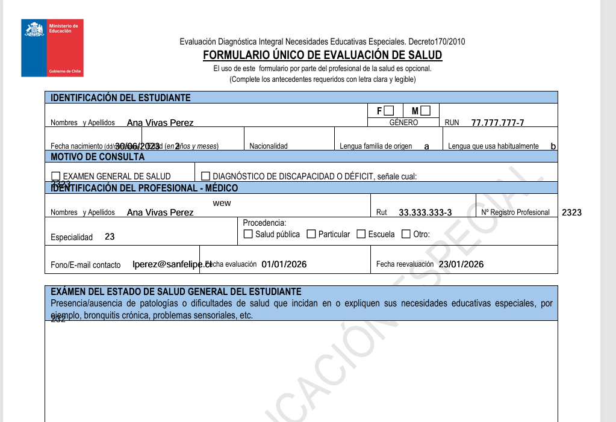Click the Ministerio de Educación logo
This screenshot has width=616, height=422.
pyautogui.click(x=52, y=48)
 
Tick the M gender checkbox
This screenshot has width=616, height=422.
pyautogui.click(x=426, y=111)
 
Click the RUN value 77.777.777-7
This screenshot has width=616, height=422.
pyautogui.click(x=497, y=123)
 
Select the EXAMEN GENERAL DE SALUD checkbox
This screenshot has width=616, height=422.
pyautogui.click(x=57, y=176)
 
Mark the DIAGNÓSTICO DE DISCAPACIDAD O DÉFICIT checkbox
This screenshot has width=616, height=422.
pyautogui.click(x=206, y=176)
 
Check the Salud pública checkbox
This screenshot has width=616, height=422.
pyautogui.click(x=248, y=234)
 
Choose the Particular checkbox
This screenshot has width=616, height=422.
pyautogui.click(x=311, y=234)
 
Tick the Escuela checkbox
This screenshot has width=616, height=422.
pyautogui.click(x=361, y=234)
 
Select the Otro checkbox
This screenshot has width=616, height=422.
pyautogui.click(x=406, y=234)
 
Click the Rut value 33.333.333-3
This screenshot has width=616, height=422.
pyautogui.click(x=425, y=213)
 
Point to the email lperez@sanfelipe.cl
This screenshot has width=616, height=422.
pyautogui.click(x=172, y=264)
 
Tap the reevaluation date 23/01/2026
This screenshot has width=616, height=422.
pyautogui.click(x=461, y=264)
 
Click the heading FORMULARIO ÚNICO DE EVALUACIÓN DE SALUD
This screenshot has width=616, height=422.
pyautogui.click(x=322, y=55)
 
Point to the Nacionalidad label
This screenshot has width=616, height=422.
pyautogui.click(x=269, y=146)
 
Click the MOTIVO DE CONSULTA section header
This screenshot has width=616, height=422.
pyautogui.click(x=98, y=157)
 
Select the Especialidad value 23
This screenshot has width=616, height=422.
pyautogui.click(x=110, y=237)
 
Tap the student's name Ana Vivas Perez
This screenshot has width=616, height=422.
pyautogui.click(x=160, y=123)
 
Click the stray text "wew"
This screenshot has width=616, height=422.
pyautogui.click(x=222, y=203)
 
